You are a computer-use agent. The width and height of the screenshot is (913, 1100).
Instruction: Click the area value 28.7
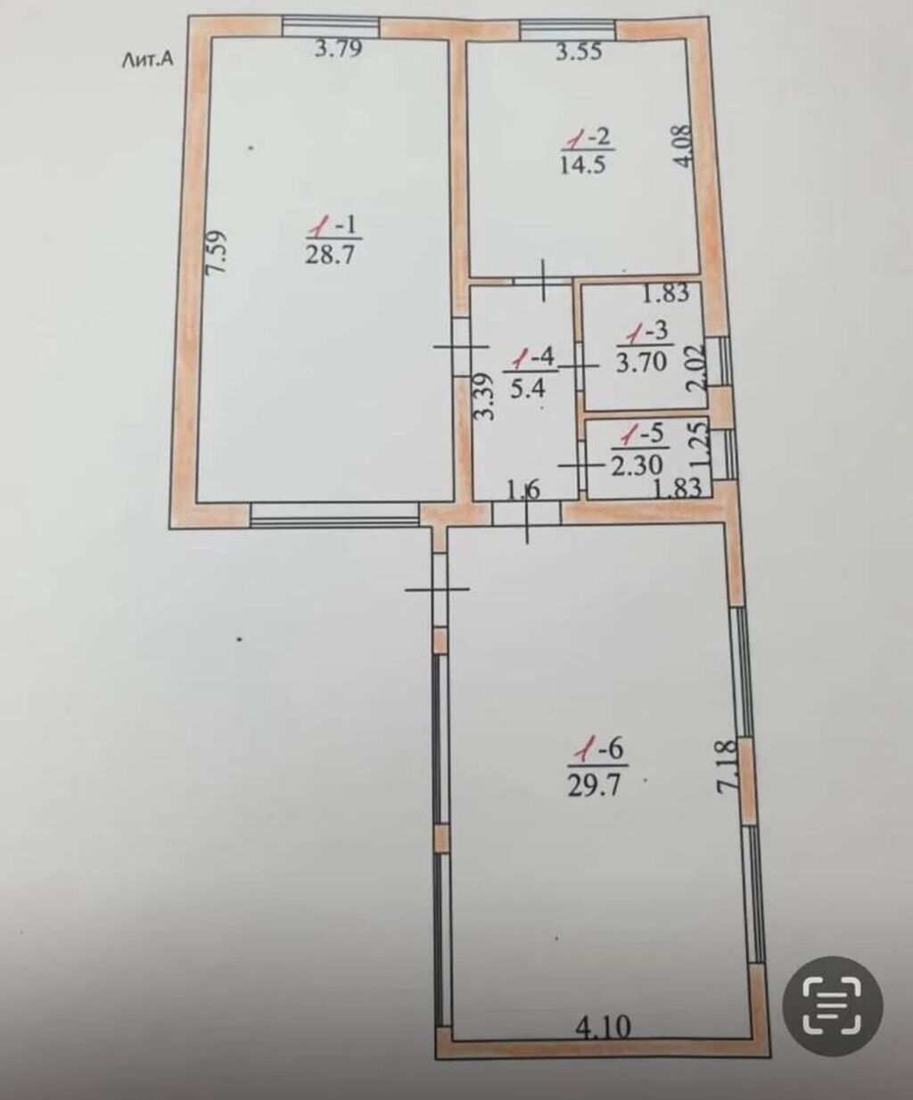(x=331, y=256)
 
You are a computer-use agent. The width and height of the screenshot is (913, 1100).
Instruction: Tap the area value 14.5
(x=584, y=165)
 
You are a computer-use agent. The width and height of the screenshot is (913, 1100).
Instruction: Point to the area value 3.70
(x=642, y=363)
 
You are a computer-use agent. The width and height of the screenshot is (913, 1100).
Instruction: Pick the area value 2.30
(x=637, y=465)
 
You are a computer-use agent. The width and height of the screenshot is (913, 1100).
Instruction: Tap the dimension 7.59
(x=216, y=250)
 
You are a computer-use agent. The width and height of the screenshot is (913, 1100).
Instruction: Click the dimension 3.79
(x=339, y=49)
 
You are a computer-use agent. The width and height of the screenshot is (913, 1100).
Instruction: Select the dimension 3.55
(x=580, y=52)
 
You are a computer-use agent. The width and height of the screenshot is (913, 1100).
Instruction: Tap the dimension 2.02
(x=695, y=367)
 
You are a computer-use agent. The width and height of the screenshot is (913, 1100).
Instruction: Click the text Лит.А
(x=147, y=61)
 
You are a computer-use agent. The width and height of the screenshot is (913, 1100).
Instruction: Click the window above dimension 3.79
(x=330, y=26)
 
